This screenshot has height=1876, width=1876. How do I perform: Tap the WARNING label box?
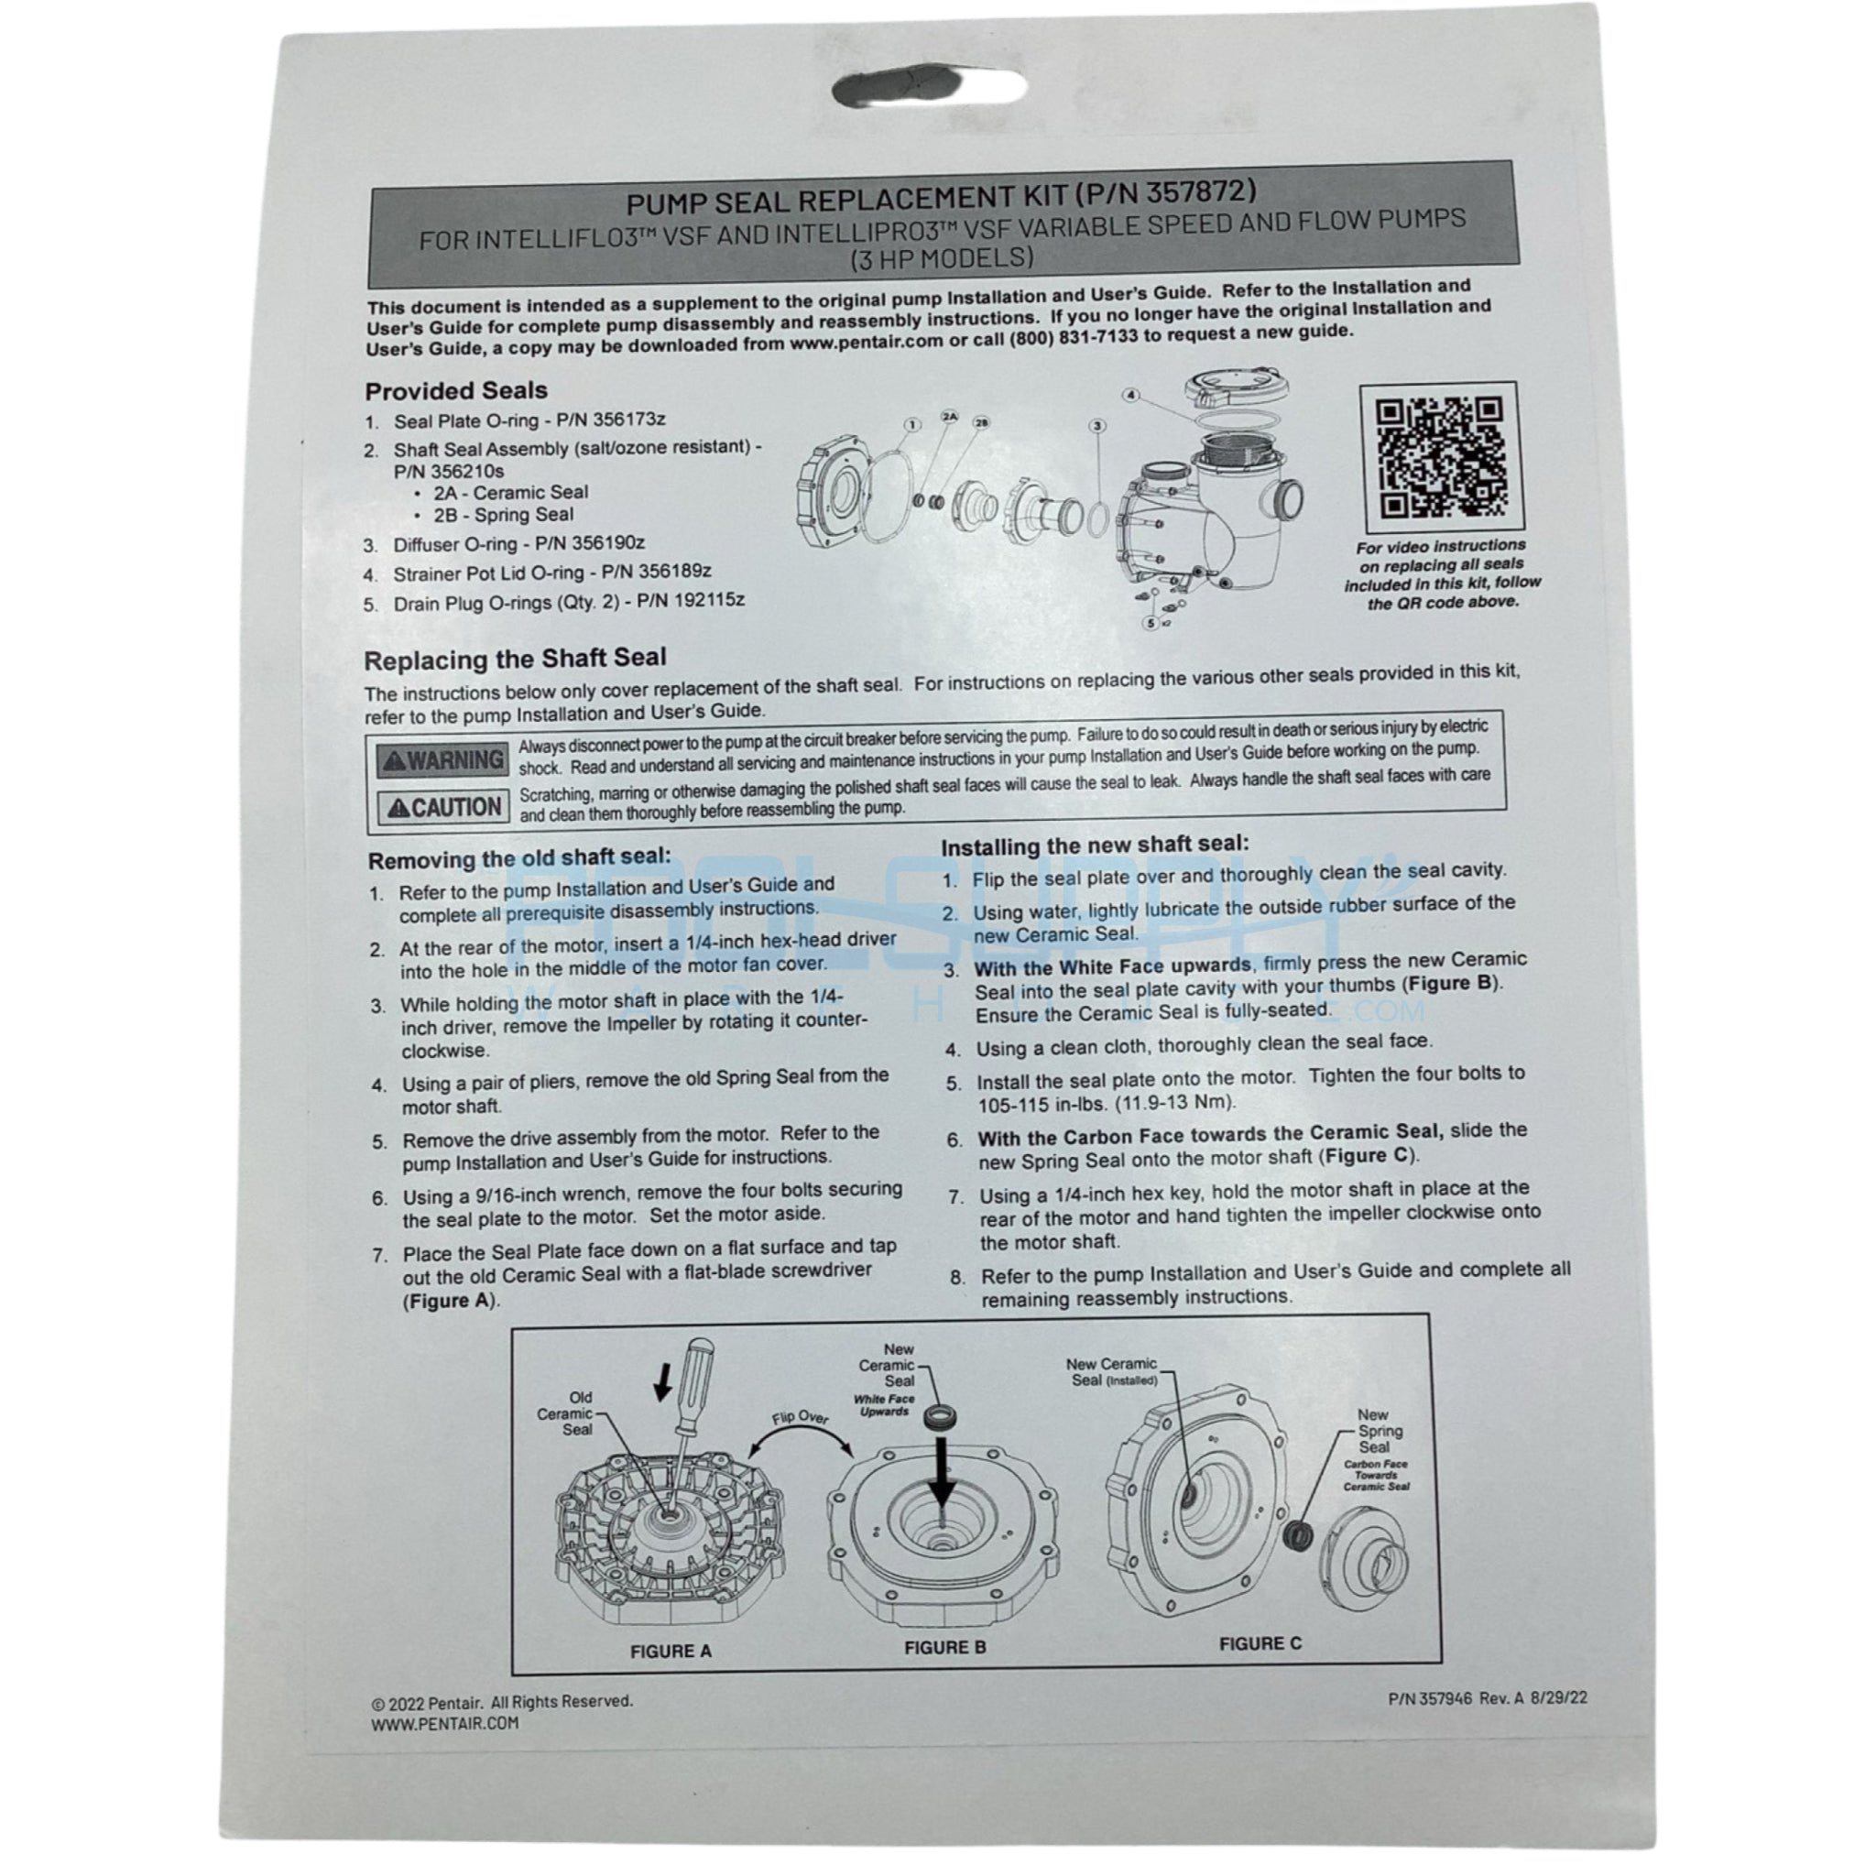pos(442,760)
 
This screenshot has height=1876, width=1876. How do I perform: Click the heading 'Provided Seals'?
pos(456,390)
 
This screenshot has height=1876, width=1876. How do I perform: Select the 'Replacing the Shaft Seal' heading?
pos(515,660)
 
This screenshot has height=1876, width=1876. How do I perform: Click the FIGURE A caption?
pos(671,1651)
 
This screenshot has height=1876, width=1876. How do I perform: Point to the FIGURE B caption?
pos(944,1647)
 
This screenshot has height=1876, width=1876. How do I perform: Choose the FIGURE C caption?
pos(1260,1643)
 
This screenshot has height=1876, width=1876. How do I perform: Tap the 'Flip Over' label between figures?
pos(800,1419)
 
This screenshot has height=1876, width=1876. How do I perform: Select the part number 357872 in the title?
pos(1200,191)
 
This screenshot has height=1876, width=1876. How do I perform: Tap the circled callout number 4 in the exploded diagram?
pos(1131,395)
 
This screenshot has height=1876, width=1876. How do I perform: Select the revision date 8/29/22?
pos(1558,1698)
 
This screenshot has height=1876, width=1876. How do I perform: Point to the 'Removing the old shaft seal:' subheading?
pos(519,858)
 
